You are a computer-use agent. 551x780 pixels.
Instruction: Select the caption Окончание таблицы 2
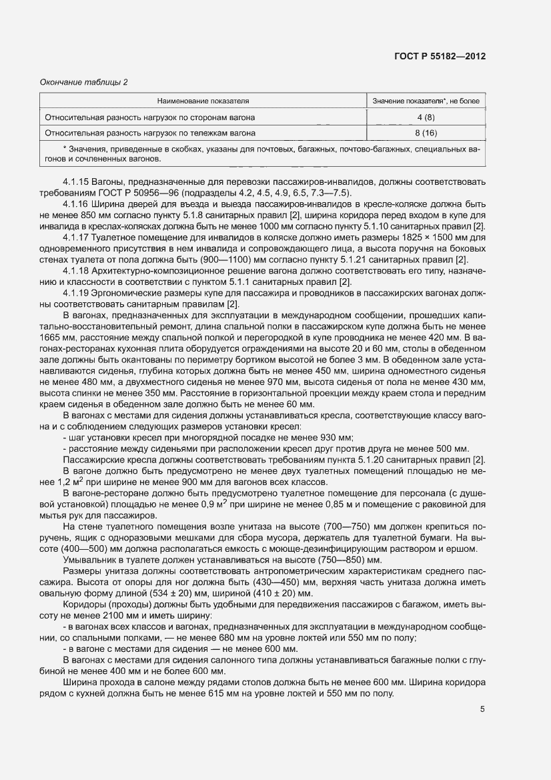pos(83,82)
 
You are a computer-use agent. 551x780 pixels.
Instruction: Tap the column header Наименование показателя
pos(203,101)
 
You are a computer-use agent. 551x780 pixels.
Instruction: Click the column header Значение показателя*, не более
pos(426,101)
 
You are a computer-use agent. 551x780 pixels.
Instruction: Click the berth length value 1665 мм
pos(55,338)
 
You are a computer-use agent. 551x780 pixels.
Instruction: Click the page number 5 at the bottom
pos(482,709)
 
